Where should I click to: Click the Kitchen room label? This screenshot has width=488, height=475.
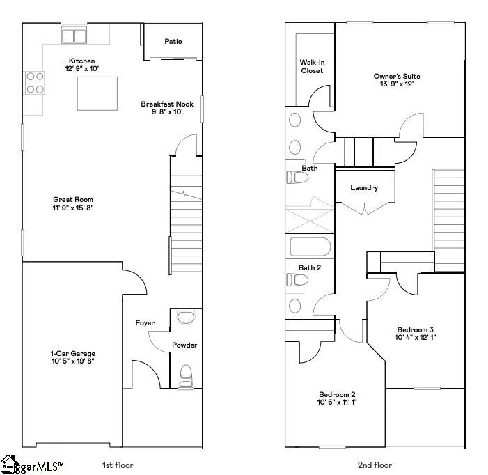[x=81, y=61]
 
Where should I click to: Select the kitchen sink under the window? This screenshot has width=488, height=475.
[x=74, y=35]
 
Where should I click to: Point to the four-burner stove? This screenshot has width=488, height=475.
[x=35, y=82]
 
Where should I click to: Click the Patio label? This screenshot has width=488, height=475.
[x=173, y=42]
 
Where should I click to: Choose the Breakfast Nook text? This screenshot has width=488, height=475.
[x=167, y=104]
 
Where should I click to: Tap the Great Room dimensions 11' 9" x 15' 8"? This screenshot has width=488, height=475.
[x=73, y=208]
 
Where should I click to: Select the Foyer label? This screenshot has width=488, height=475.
[x=145, y=322]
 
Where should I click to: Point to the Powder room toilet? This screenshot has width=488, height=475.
[x=186, y=375]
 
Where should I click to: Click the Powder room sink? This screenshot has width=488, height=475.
[x=186, y=318]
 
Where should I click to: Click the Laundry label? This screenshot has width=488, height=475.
[x=363, y=187]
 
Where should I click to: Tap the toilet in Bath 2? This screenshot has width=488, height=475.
[x=297, y=279]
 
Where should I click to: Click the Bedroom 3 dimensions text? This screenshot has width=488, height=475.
[x=416, y=337]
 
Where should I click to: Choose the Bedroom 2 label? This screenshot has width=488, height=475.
[x=337, y=394]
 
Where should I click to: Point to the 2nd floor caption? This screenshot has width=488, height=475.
[x=375, y=465]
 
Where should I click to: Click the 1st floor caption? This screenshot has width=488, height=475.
[x=117, y=465]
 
